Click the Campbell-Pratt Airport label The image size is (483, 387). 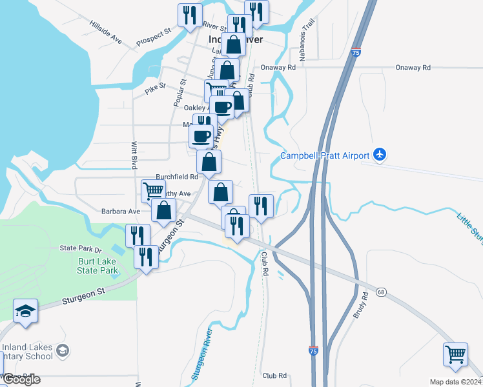(325, 155)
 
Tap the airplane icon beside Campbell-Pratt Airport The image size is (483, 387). (380, 155)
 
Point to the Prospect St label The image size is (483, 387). (153, 37)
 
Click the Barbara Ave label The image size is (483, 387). (121, 211)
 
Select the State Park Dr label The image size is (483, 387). (81, 248)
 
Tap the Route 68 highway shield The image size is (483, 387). (382, 292)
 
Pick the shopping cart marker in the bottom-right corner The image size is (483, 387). (455, 355)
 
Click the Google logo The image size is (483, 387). (22, 380)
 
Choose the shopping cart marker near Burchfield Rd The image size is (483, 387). (153, 190)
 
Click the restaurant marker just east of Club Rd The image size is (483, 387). (261, 206)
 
